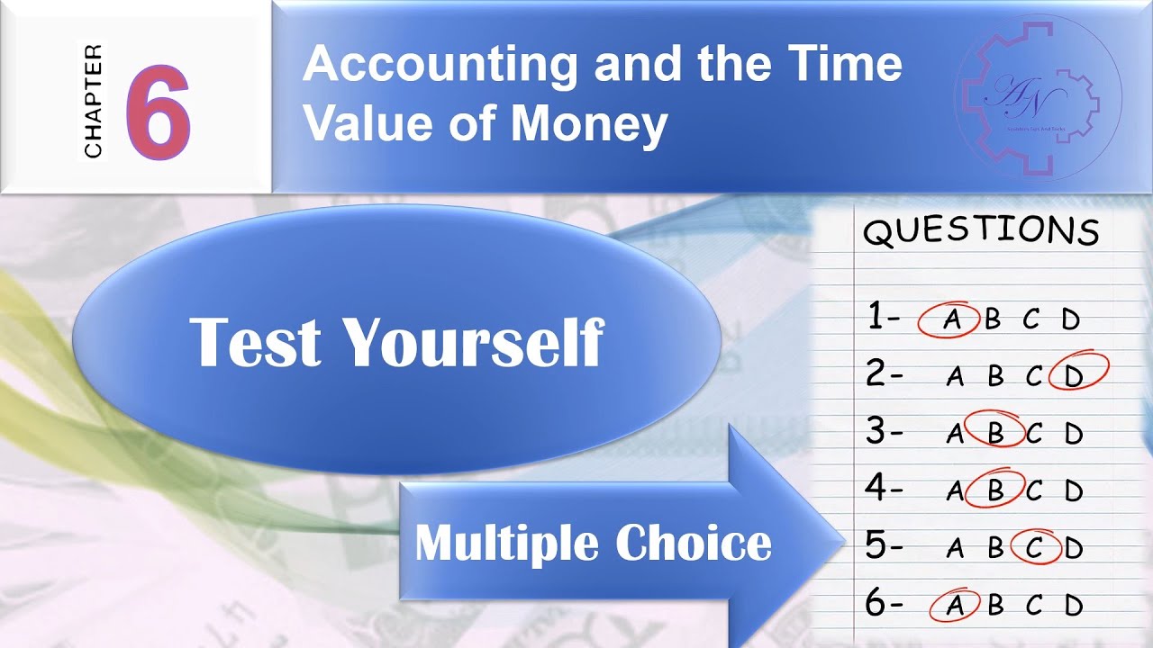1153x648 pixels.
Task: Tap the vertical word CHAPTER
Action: [x=93, y=101]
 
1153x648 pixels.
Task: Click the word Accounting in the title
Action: [x=440, y=65]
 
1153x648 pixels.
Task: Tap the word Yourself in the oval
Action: [x=474, y=342]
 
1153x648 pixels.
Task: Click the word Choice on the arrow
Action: [x=694, y=543]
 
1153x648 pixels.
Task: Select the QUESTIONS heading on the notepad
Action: [x=981, y=231]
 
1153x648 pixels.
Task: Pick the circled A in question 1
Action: [x=949, y=320]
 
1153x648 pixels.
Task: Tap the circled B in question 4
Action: [x=995, y=490]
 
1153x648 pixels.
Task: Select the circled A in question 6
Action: [x=954, y=606]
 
